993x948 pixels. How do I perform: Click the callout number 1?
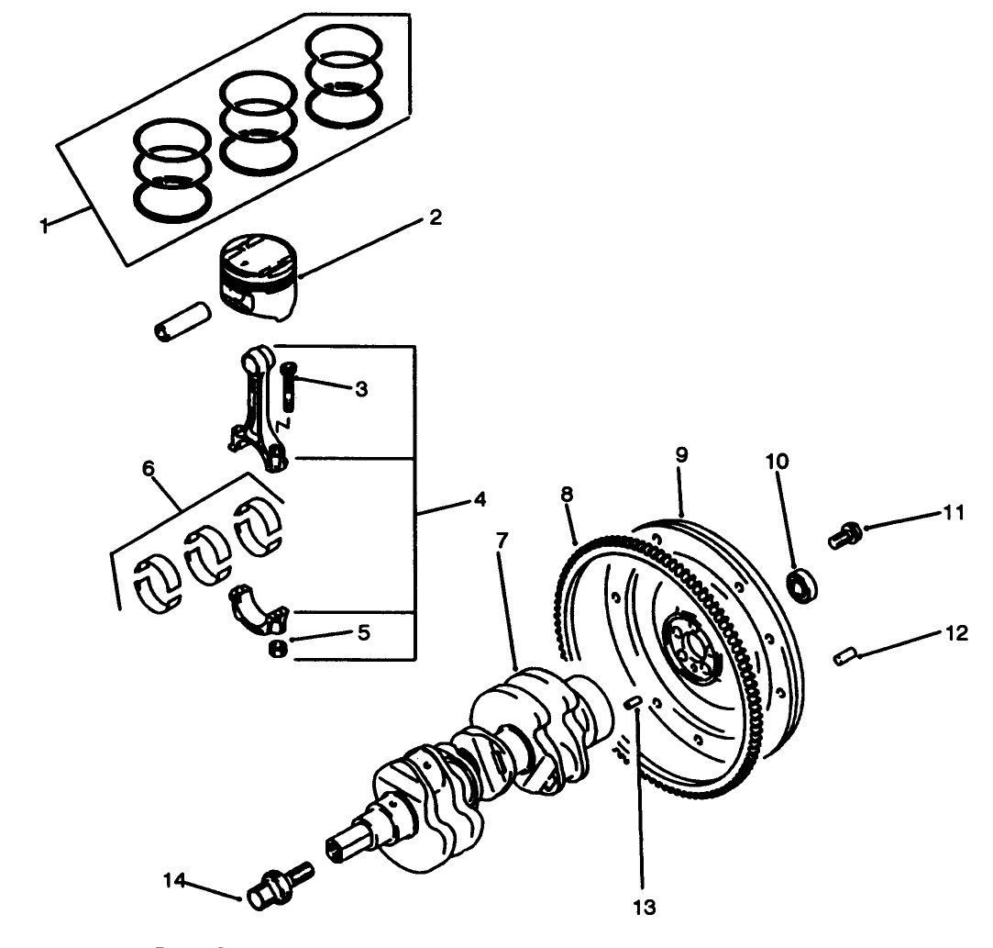click(x=44, y=226)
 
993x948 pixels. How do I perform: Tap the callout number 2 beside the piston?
click(x=434, y=217)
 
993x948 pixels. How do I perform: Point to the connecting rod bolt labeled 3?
click(x=290, y=385)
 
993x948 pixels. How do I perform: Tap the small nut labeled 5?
click(x=276, y=649)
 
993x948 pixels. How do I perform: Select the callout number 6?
click(x=149, y=469)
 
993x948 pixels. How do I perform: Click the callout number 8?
click(x=568, y=495)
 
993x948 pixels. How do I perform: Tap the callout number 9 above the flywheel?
click(x=681, y=455)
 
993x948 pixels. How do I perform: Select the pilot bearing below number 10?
click(x=804, y=582)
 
